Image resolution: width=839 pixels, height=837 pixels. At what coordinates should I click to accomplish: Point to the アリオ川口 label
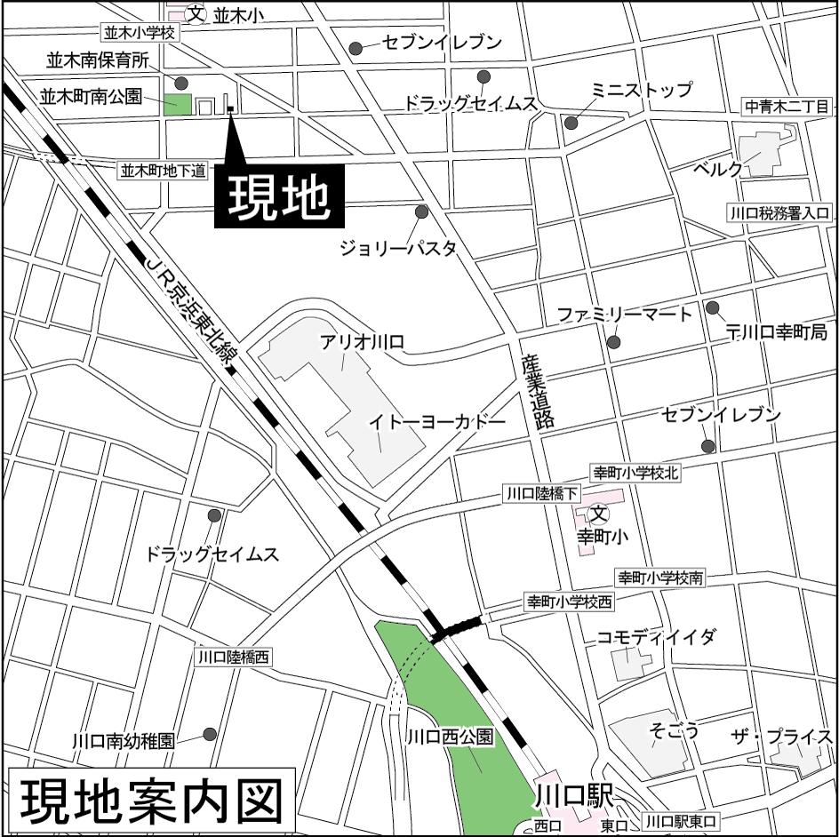coord(363,341)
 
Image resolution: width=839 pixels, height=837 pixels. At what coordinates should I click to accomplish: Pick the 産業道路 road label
coord(538,392)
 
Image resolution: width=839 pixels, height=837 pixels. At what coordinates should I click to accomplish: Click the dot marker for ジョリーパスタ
coord(421,211)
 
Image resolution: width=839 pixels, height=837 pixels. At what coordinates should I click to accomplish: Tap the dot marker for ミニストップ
coord(571,123)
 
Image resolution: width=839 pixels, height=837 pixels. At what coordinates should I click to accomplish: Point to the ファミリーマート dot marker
coord(613,342)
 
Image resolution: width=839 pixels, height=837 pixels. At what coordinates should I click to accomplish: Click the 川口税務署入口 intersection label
coord(779,213)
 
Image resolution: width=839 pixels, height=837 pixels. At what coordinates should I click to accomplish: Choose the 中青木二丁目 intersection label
coord(787,108)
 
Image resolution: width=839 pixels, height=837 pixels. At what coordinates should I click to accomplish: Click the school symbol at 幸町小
coord(599,513)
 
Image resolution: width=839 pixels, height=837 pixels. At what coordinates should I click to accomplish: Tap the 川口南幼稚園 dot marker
coord(210,734)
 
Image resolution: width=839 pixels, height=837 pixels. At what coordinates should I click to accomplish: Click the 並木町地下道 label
coord(164,170)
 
